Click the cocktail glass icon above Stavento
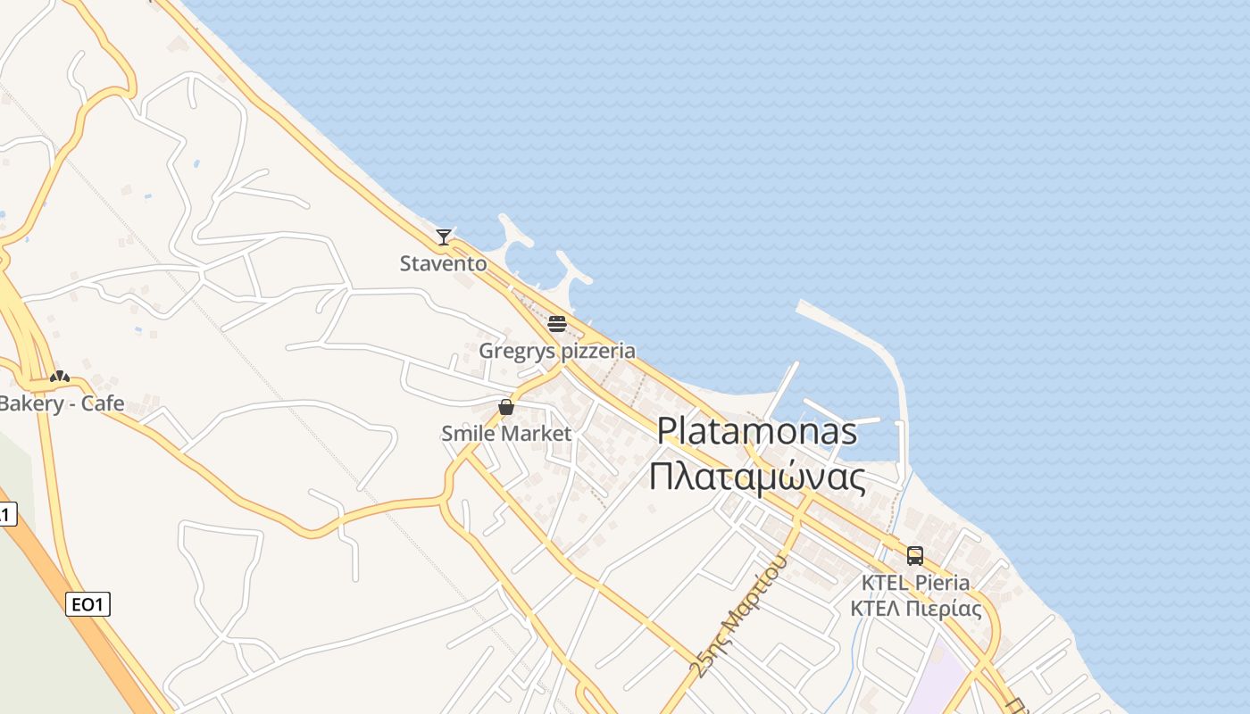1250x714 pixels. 444,237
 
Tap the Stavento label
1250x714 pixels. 444,263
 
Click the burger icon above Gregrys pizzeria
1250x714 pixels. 557,324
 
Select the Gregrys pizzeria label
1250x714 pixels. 557,351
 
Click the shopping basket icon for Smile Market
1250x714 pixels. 506,408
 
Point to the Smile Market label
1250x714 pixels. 506,434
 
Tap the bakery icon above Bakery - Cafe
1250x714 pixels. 60,377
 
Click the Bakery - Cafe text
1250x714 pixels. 61,403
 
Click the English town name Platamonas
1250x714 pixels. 757,431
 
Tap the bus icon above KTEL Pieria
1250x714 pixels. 915,556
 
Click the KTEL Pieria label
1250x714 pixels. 915,583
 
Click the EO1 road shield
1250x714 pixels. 87,604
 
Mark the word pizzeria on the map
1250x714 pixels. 596,351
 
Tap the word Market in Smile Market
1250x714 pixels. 536,434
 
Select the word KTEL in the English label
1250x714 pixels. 884,583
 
